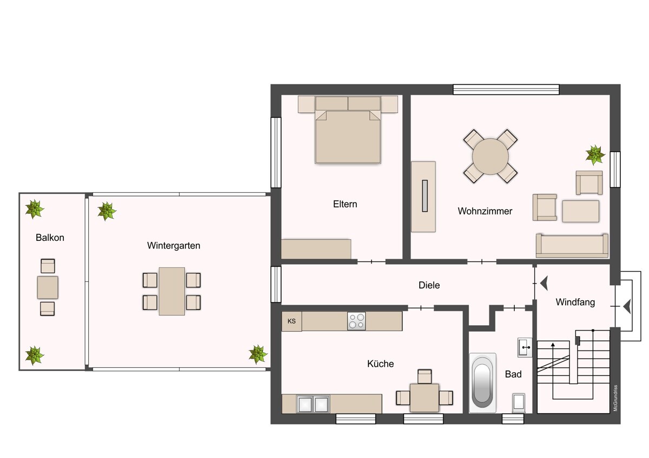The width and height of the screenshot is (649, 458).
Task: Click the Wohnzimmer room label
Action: tap(485, 211)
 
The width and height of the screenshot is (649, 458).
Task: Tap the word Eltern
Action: tap(345, 204)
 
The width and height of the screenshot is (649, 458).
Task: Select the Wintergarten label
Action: tap(174, 245)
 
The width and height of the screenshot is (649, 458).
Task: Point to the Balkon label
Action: tap(50, 238)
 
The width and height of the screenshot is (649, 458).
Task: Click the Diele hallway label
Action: tap(429, 285)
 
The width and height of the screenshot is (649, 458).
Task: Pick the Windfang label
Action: tap(575, 302)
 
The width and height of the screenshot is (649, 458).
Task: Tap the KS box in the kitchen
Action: tap(292, 321)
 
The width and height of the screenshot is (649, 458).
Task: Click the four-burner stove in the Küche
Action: tap(356, 321)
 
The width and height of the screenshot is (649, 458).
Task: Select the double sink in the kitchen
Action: tap(313, 403)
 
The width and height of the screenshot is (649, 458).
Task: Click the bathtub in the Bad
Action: tap(482, 383)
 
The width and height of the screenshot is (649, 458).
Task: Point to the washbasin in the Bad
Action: tap(525, 347)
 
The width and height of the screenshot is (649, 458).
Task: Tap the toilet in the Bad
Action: tap(519, 403)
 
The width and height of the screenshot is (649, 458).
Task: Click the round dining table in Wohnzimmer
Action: tap(490, 157)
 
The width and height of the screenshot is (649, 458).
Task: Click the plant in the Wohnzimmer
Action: tap(595, 155)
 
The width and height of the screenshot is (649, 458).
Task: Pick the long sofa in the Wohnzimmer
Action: tap(572, 246)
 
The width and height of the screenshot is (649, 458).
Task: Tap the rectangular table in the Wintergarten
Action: tap(172, 291)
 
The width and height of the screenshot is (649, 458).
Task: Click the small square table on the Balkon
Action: tap(48, 287)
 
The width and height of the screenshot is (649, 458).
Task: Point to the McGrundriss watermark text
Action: tap(615, 398)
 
